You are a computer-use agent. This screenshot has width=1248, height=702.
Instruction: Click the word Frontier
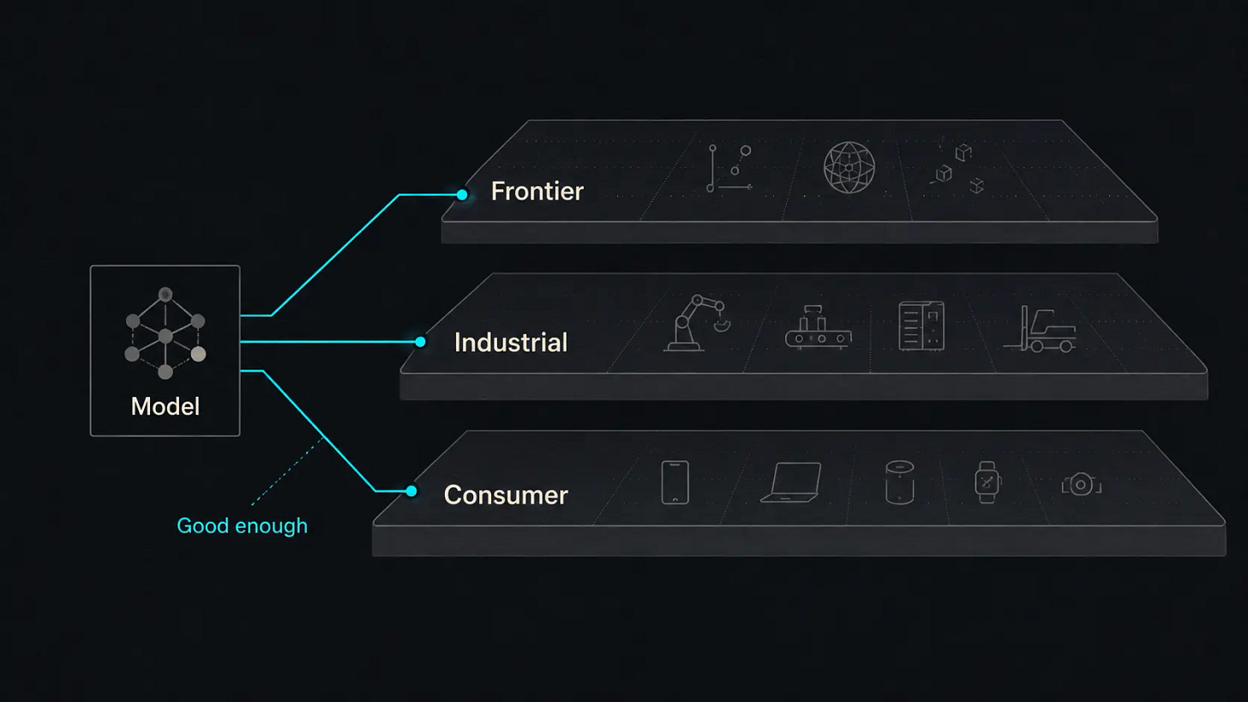tap(537, 191)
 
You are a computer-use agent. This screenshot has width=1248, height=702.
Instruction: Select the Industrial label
tap(511, 342)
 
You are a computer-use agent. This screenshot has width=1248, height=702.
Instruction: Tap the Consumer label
tap(506, 495)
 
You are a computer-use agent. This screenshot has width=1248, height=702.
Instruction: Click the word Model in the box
tap(165, 406)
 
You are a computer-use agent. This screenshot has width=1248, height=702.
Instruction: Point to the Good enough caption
tap(242, 526)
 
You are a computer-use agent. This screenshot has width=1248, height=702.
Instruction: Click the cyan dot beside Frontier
tap(462, 195)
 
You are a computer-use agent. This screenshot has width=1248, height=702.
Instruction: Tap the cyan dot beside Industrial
tap(420, 341)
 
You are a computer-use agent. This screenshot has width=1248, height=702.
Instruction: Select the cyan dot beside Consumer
tap(411, 491)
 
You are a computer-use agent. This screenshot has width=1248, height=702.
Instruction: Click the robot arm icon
tap(696, 323)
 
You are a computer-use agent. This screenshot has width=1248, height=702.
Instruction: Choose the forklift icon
tap(1040, 329)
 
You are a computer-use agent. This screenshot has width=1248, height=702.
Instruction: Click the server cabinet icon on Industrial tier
tap(921, 326)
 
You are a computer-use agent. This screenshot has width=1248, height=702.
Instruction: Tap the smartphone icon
tap(675, 483)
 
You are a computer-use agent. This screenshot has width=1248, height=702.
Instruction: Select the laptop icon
tap(791, 483)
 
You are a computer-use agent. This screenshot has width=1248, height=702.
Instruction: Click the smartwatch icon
tap(987, 483)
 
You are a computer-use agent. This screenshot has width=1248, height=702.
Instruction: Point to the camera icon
tap(1082, 484)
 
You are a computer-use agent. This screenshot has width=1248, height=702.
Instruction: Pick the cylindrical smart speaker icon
tap(899, 483)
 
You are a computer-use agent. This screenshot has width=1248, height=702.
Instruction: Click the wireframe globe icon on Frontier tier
tap(849, 167)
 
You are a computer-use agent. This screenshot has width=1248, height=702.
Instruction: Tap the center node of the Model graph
tap(165, 336)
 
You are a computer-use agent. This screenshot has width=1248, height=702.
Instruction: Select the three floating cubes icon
tap(956, 168)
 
